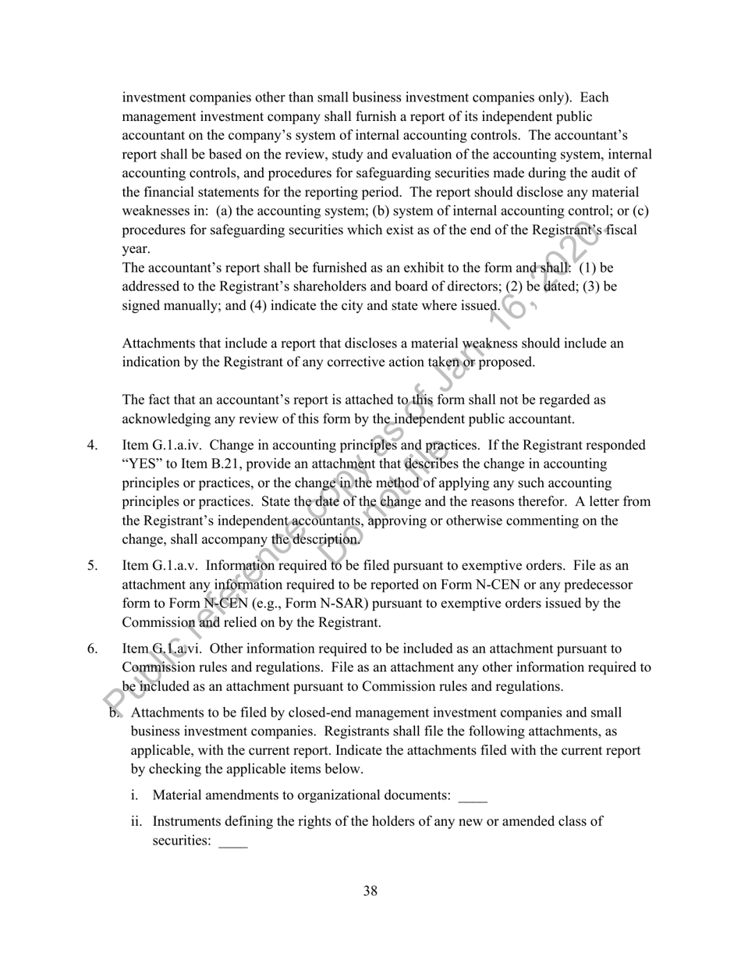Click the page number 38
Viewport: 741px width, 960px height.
(x=370, y=891)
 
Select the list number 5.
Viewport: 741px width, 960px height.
(x=92, y=565)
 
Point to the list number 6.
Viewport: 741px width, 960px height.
(x=92, y=648)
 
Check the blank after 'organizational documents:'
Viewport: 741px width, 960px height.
(x=473, y=796)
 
